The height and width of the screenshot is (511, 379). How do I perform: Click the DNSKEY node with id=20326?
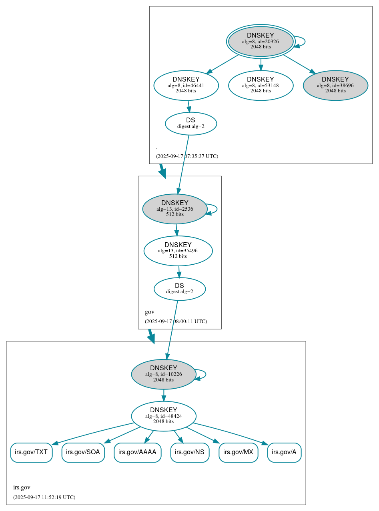[x=261, y=41]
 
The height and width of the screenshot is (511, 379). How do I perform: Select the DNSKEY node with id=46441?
[x=186, y=85]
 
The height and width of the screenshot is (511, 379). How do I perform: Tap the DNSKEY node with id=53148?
[x=261, y=85]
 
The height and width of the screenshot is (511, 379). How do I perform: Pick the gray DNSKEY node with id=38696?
[x=335, y=85]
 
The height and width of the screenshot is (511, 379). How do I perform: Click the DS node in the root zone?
[x=191, y=124]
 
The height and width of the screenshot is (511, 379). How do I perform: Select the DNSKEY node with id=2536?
[x=174, y=209]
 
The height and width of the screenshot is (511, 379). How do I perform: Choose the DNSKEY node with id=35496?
[x=178, y=251]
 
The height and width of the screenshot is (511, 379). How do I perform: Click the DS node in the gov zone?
[x=180, y=289]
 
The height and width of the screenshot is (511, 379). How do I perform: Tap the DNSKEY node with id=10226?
[x=164, y=374]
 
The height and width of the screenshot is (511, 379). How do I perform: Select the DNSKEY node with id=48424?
[x=164, y=416]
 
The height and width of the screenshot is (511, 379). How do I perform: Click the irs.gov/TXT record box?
[x=31, y=452]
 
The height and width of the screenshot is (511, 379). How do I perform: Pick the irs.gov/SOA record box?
[x=83, y=452]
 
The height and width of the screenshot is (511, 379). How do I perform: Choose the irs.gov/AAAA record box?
[x=137, y=452]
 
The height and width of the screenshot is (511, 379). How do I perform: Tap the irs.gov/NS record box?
[x=190, y=452]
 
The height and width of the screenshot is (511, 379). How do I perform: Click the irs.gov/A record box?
[x=284, y=452]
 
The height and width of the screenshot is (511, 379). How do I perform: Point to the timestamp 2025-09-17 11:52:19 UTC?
[x=44, y=497]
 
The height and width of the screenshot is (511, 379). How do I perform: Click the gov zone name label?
[x=149, y=312]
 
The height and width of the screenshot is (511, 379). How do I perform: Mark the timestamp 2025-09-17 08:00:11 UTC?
[x=176, y=321]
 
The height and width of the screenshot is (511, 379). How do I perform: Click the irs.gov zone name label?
[x=22, y=487]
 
